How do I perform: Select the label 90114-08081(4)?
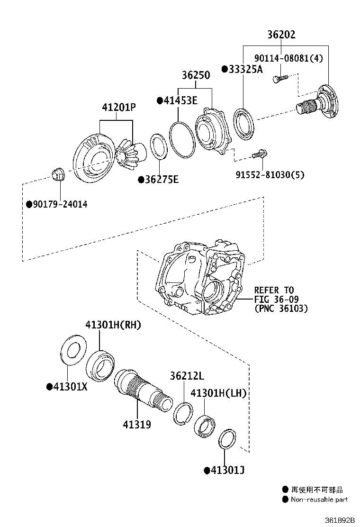(288, 58)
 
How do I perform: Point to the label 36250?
(197, 76)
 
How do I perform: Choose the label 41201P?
(118, 108)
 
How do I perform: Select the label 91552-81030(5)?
(270, 175)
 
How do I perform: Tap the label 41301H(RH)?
(113, 325)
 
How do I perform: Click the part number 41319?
(137, 425)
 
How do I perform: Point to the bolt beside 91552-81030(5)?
(259, 154)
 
